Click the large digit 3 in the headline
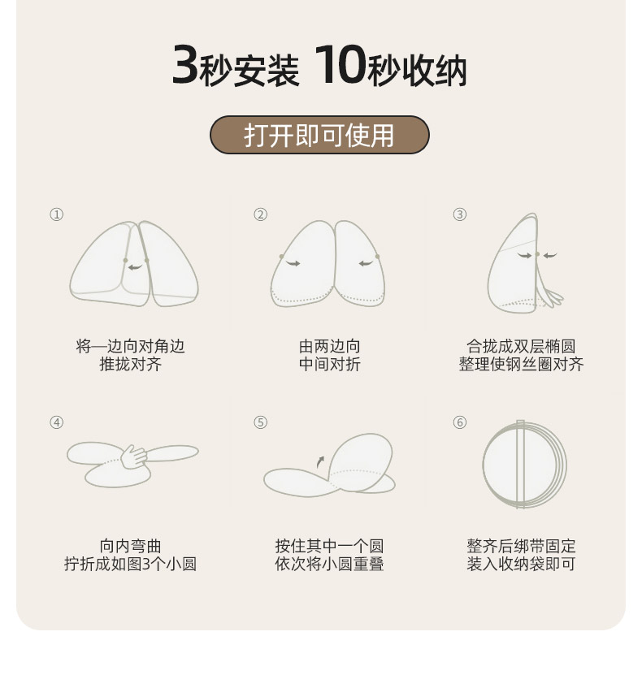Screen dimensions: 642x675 pyautogui.click(x=185, y=64)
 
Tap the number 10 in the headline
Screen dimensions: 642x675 pyautogui.click(x=341, y=64)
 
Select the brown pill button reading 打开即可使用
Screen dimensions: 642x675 pyautogui.click(x=319, y=135)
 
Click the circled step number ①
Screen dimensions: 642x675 pyautogui.click(x=56, y=214)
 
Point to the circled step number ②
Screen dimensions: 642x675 pyautogui.click(x=261, y=214)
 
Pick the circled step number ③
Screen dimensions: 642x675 pyautogui.click(x=460, y=214)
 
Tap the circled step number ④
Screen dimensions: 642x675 pyautogui.click(x=56, y=422)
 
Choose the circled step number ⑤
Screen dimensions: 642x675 pyautogui.click(x=261, y=422)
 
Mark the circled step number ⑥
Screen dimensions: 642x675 pyautogui.click(x=460, y=422)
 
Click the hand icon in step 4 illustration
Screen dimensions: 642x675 pyautogui.click(x=133, y=456)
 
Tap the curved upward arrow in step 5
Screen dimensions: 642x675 pyautogui.click(x=319, y=462)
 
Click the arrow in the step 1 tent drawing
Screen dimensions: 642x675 pyautogui.click(x=135, y=267)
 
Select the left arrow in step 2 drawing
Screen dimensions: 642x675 pyautogui.click(x=293, y=263)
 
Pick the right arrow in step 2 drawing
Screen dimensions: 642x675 pyautogui.click(x=366, y=263)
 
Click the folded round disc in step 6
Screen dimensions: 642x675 pyautogui.click(x=524, y=464)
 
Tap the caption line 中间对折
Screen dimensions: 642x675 pyautogui.click(x=329, y=364)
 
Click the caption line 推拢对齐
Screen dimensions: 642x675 pyautogui.click(x=131, y=364)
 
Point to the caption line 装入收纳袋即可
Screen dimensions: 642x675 pyautogui.click(x=521, y=564)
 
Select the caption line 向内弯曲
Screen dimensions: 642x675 pyautogui.click(x=131, y=546)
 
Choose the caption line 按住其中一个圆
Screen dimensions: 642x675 pyautogui.click(x=329, y=546)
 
